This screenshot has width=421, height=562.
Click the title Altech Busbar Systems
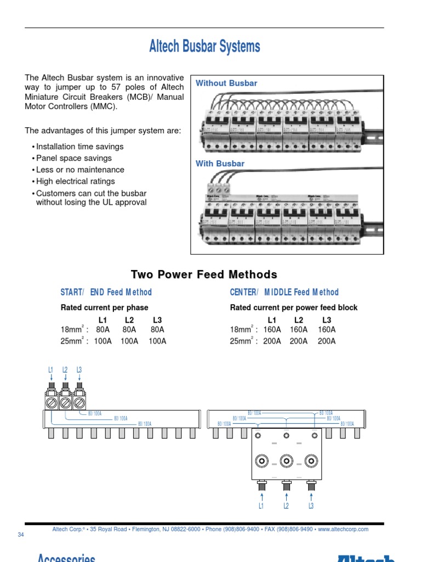(x=204, y=47)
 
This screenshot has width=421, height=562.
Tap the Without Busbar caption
(x=226, y=83)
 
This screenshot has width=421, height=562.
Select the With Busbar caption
(x=220, y=164)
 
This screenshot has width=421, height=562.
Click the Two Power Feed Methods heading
(x=204, y=274)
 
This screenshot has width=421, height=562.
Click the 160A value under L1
(x=272, y=330)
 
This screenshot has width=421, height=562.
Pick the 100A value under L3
(x=157, y=341)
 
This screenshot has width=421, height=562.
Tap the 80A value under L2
(x=129, y=330)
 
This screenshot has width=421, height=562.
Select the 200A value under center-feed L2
(x=299, y=341)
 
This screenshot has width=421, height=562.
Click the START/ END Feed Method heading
(x=106, y=293)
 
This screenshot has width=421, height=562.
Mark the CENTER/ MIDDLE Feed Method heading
(x=285, y=293)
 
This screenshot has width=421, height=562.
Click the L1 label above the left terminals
(x=51, y=370)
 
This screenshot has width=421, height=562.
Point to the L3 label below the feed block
(x=311, y=505)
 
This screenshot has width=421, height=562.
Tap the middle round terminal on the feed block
(x=286, y=460)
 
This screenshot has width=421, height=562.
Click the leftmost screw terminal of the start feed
(x=50, y=403)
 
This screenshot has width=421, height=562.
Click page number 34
(x=21, y=535)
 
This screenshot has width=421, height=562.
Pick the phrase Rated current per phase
(x=104, y=307)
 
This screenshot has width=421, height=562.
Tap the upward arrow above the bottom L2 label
(x=286, y=496)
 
